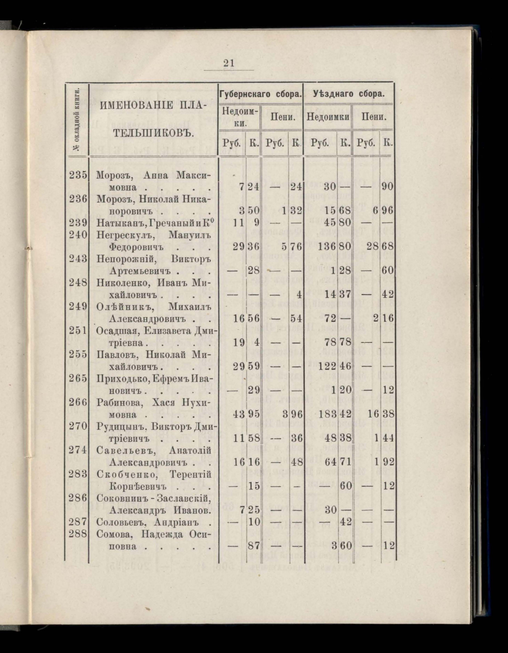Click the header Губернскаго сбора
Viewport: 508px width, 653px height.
(x=260, y=94)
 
